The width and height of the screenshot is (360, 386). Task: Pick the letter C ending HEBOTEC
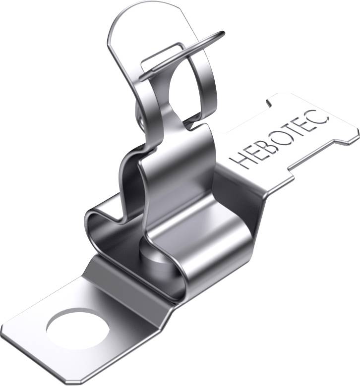(320, 116)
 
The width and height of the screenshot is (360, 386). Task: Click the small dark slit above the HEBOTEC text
(268, 102)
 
